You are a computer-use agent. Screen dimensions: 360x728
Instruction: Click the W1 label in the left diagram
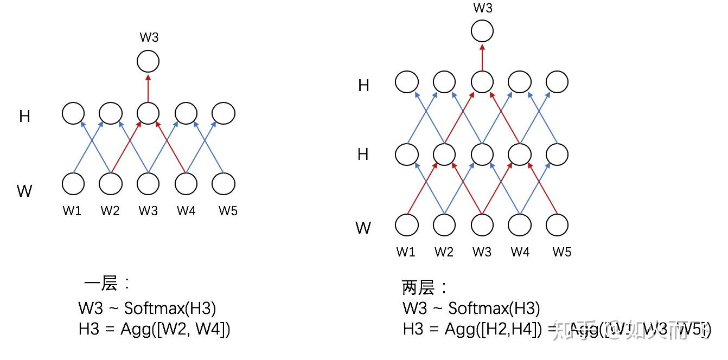72,211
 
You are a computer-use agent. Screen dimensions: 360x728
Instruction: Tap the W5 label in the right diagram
562,252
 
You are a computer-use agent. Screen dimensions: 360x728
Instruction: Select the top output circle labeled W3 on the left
148,61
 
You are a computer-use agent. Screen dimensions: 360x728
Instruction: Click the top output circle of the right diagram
482,31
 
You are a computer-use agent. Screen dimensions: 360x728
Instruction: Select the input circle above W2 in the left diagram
110,184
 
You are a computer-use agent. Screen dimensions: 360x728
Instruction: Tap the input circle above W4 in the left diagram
186,184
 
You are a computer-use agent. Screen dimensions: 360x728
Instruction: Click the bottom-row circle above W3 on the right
482,224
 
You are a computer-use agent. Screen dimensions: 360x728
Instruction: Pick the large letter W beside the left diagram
24,191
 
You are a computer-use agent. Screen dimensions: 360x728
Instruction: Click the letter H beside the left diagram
24,117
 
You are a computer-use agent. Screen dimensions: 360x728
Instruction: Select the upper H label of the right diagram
363,86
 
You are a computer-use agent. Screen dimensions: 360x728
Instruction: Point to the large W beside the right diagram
363,228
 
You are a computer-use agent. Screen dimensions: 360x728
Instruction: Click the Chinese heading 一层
102,284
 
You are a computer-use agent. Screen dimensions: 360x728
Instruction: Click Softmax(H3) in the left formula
170,308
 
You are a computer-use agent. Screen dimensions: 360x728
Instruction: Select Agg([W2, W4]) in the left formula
175,329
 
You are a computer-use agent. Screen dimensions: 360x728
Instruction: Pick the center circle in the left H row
148,114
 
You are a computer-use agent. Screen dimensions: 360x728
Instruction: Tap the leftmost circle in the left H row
73,114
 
